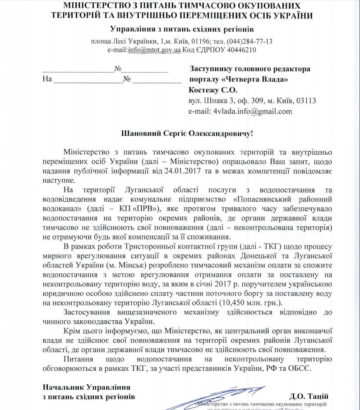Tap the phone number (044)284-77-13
click(250, 41)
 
